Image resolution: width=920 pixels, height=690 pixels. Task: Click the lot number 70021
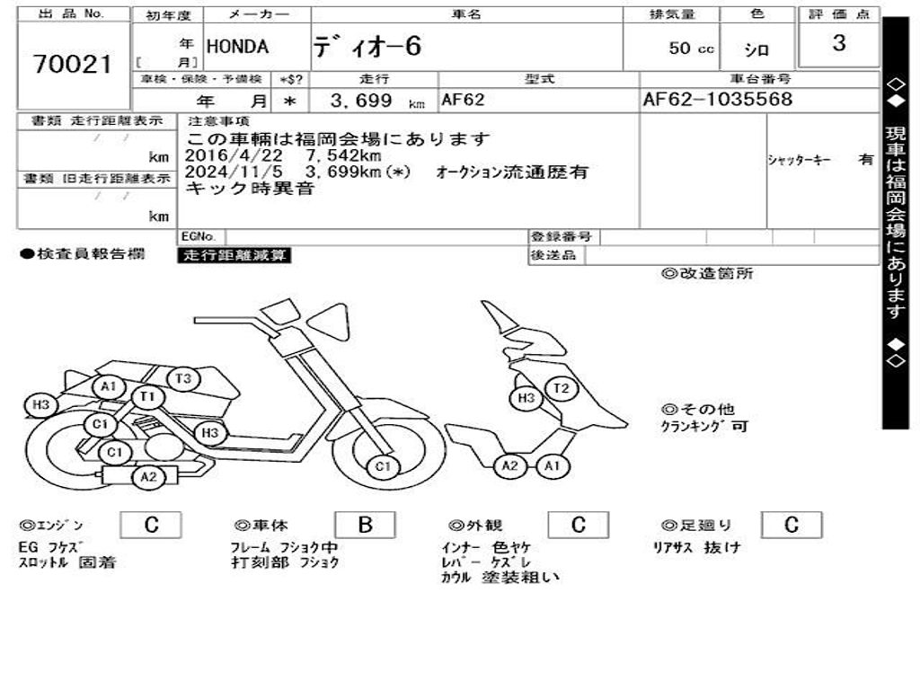point(72,64)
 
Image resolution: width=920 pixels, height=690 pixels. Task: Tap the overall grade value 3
point(838,43)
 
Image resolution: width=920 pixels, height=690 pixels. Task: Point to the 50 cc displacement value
point(691,49)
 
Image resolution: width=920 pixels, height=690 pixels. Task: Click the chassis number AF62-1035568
point(718,99)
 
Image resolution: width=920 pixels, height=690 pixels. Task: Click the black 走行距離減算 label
point(235,255)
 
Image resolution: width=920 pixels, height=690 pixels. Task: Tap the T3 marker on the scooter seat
point(183,378)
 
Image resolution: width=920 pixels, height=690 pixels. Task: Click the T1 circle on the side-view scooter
point(147,396)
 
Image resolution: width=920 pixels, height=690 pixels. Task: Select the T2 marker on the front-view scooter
point(562,389)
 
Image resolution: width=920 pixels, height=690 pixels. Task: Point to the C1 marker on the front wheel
point(384,466)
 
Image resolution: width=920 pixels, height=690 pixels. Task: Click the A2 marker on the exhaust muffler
point(148,477)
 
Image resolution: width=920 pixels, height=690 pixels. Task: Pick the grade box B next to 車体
point(365,526)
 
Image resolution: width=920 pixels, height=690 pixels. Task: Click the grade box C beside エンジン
point(151,526)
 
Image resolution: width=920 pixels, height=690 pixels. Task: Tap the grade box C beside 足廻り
point(791,526)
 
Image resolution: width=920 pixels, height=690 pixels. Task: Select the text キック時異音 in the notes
point(250,188)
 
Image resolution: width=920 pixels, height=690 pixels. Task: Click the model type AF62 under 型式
point(463,100)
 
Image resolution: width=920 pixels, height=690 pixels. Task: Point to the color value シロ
point(756,50)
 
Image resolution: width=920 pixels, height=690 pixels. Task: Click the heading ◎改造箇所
point(708,274)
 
